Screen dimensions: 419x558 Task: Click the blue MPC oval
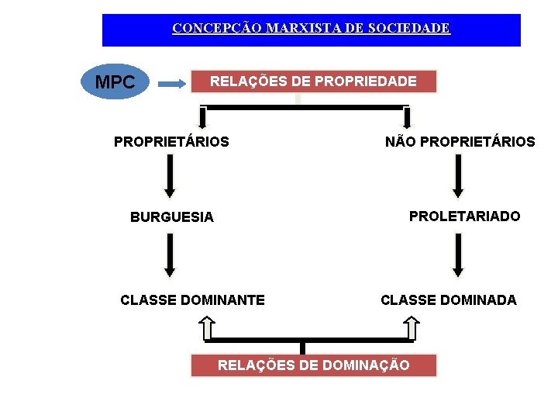(x=114, y=81)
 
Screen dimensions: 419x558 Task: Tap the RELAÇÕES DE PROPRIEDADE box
(x=313, y=81)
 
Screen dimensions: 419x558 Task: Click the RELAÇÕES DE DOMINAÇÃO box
(x=313, y=365)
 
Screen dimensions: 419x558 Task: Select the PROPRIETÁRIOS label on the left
(x=171, y=142)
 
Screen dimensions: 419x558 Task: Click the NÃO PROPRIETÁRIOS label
(x=460, y=142)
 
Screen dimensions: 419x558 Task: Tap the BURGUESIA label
(x=171, y=217)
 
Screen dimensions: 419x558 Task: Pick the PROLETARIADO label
(x=464, y=216)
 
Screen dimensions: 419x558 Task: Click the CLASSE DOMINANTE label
(x=192, y=300)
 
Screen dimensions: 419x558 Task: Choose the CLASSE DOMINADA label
(x=448, y=300)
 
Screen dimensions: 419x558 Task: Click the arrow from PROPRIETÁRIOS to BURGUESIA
(x=170, y=176)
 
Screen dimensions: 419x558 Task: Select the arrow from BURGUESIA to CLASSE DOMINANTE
(x=170, y=256)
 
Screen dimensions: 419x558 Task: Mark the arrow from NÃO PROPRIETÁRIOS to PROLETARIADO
(x=458, y=176)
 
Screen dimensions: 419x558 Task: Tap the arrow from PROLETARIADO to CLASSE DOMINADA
(x=458, y=255)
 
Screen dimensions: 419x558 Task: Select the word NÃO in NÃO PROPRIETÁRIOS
(x=401, y=142)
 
